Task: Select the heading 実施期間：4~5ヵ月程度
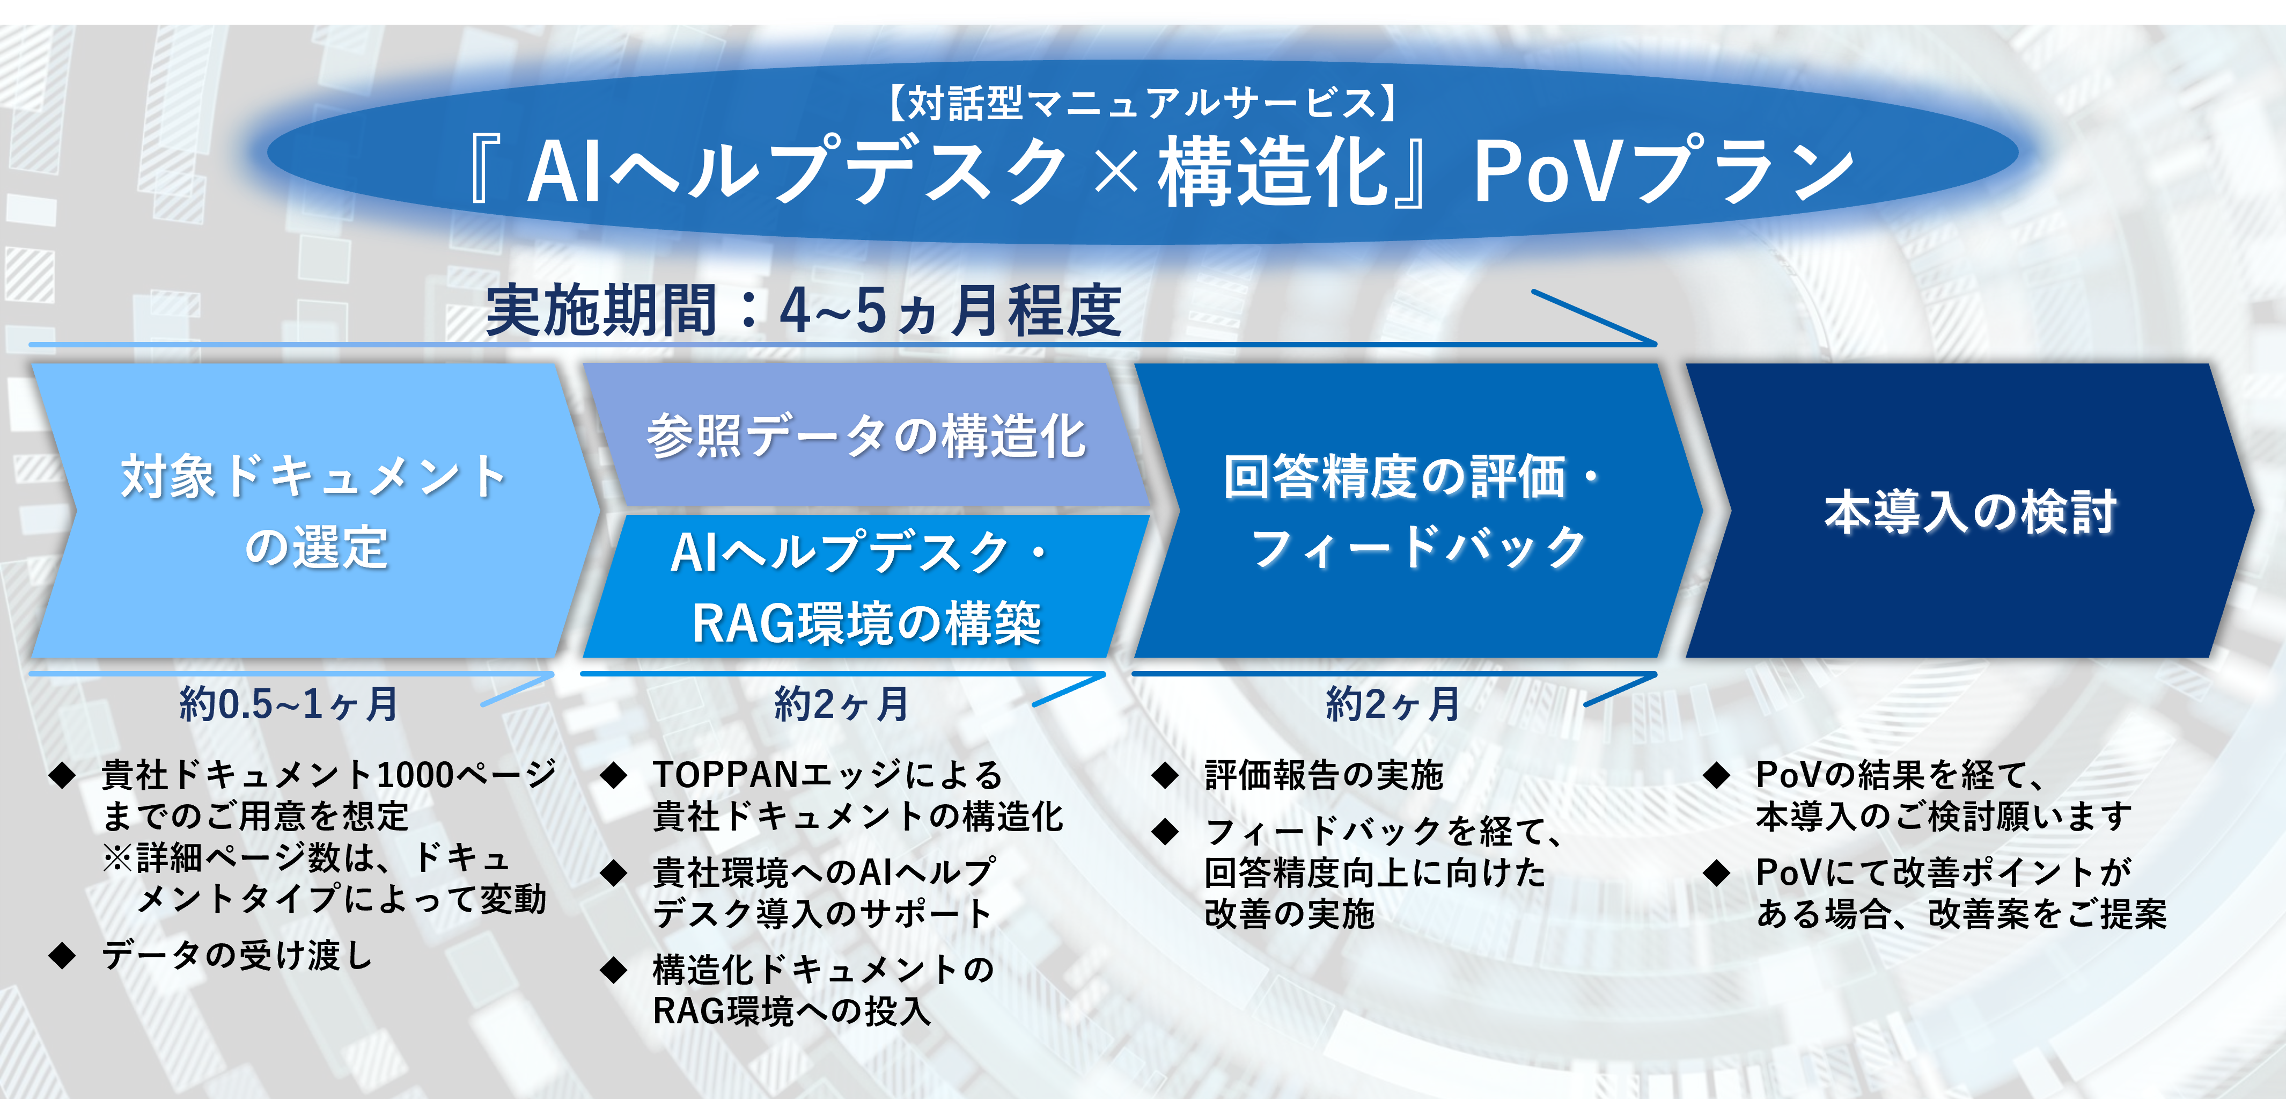(x=803, y=311)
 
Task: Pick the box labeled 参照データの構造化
(x=866, y=435)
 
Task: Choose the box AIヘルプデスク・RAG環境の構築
(x=866, y=586)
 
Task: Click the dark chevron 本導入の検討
(x=1970, y=511)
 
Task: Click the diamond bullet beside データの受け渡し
(x=62, y=956)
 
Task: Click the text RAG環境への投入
(x=791, y=1011)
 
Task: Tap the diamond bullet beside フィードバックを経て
(x=1165, y=832)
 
